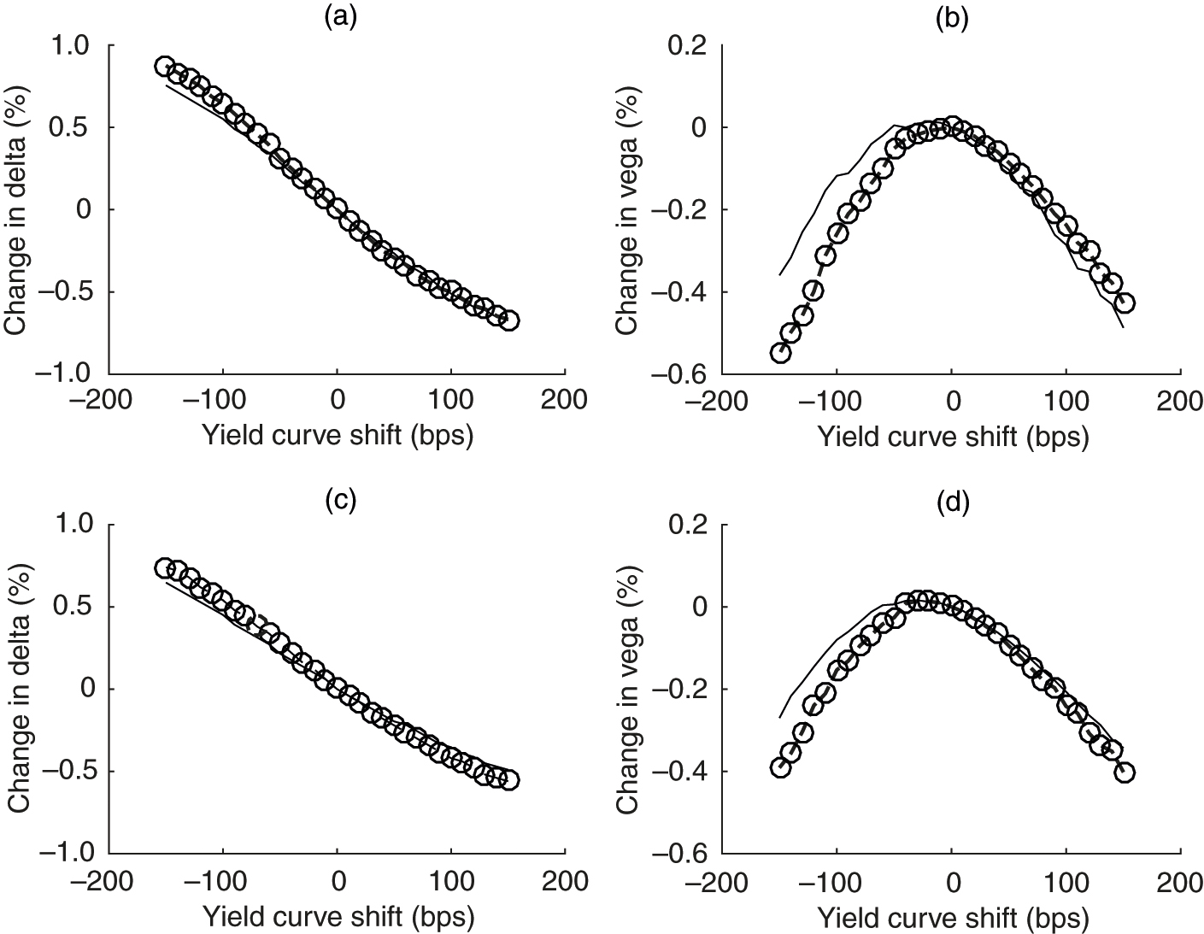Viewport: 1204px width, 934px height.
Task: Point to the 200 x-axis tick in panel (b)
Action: click(x=1181, y=400)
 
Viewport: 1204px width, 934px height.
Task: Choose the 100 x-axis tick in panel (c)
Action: click(x=451, y=879)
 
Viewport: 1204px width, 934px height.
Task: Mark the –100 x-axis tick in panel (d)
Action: click(x=836, y=879)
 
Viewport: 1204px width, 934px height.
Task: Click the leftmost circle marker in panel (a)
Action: click(x=165, y=67)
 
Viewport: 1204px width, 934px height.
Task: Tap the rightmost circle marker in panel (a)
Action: click(x=509, y=320)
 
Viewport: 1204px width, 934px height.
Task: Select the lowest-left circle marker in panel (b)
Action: click(x=779, y=353)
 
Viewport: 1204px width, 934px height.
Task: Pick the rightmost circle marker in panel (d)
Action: click(x=1125, y=772)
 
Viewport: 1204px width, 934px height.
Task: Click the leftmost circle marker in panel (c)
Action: click(x=165, y=568)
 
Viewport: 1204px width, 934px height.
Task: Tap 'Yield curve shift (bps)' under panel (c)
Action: click(x=338, y=916)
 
